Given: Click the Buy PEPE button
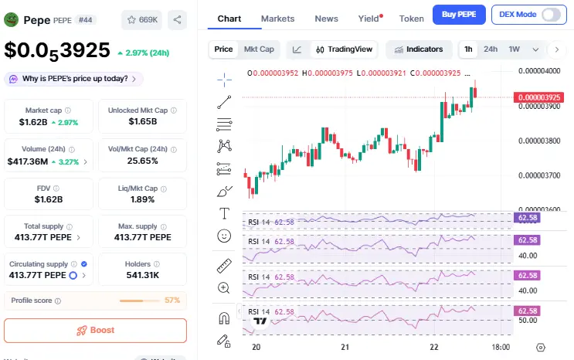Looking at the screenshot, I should click(x=459, y=14).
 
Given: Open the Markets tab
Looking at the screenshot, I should click(x=277, y=18).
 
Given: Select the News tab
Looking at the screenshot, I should click(x=326, y=18).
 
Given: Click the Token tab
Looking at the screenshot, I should click(x=411, y=18).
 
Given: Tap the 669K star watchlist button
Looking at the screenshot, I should click(x=141, y=19).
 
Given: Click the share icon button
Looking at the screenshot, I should click(x=177, y=19).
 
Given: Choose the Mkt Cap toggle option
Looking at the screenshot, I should click(x=259, y=49).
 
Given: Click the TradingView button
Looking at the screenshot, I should click(x=344, y=49).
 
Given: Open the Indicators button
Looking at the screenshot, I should click(x=418, y=49).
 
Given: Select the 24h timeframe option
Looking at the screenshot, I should click(x=491, y=49).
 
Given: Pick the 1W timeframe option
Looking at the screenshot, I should click(x=514, y=49).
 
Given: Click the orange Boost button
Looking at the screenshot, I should click(x=95, y=330).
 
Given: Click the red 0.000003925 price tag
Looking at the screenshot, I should click(x=535, y=97).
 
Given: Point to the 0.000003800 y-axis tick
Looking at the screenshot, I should click(x=539, y=141).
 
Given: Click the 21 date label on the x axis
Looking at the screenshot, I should click(x=346, y=347).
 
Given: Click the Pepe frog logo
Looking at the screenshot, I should click(x=12, y=19).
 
